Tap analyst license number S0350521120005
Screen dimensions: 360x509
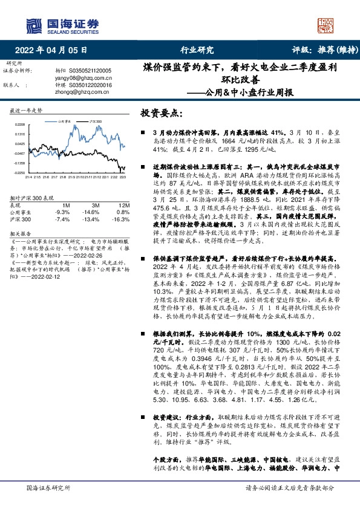coord(91,71)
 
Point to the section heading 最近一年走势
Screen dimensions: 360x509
coord(27,111)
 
